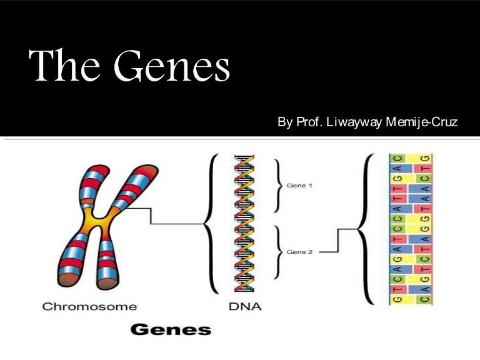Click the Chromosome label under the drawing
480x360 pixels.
click(x=89, y=307)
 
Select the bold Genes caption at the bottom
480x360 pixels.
click(x=169, y=330)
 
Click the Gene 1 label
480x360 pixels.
click(x=299, y=186)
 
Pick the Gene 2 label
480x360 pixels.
click(x=299, y=252)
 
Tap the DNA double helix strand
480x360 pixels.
click(x=244, y=225)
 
